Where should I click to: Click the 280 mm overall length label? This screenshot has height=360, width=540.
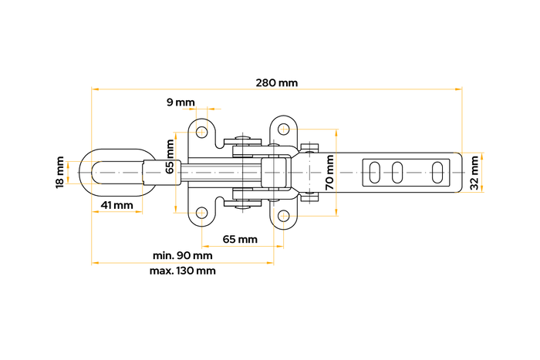click(x=276, y=82)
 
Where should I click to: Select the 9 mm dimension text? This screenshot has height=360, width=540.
click(x=181, y=103)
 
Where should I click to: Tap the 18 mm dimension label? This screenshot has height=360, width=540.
click(x=60, y=172)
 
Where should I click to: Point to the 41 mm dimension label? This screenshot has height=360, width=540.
click(x=117, y=206)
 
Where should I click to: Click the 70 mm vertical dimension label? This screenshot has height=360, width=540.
click(x=329, y=172)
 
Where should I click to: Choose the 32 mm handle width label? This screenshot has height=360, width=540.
click(x=474, y=172)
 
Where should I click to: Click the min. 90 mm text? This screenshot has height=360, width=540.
click(x=182, y=255)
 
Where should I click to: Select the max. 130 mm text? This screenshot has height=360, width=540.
click(x=184, y=271)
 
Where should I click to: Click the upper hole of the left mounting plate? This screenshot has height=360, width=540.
click(x=202, y=132)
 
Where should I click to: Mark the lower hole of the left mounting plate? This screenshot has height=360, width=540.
click(x=202, y=212)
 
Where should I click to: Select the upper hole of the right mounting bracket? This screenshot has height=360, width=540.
click(x=284, y=126)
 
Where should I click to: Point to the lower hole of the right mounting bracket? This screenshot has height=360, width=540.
click(x=284, y=217)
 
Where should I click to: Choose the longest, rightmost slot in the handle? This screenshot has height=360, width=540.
click(x=437, y=172)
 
